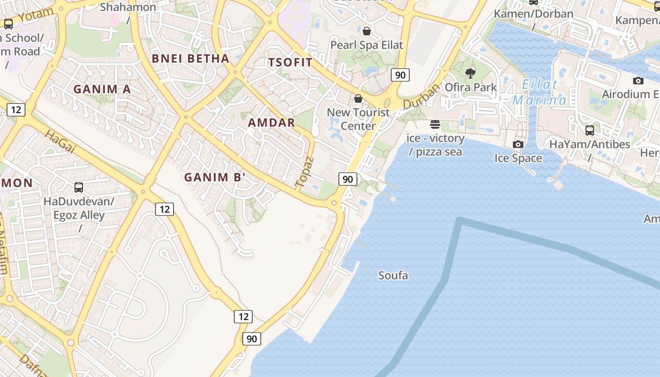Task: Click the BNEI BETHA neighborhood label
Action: tap(190, 59)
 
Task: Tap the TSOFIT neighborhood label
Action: tap(290, 62)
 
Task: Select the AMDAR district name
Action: tap(272, 123)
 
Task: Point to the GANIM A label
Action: tap(102, 89)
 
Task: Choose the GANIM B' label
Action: tap(215, 178)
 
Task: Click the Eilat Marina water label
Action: tap(540, 93)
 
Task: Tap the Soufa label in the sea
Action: tap(393, 276)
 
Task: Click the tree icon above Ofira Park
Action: tap(470, 74)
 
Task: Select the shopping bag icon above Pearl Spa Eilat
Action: tap(367, 32)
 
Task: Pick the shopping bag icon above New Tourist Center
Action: tap(358, 98)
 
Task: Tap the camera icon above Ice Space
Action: tap(518, 144)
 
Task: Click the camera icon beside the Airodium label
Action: tap(638, 81)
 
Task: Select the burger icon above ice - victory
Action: tap(435, 124)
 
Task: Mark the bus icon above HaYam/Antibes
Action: tap(589, 131)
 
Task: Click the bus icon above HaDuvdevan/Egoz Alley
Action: tap(79, 188)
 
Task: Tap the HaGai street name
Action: tap(60, 141)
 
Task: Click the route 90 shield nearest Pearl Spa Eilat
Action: tap(400, 75)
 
